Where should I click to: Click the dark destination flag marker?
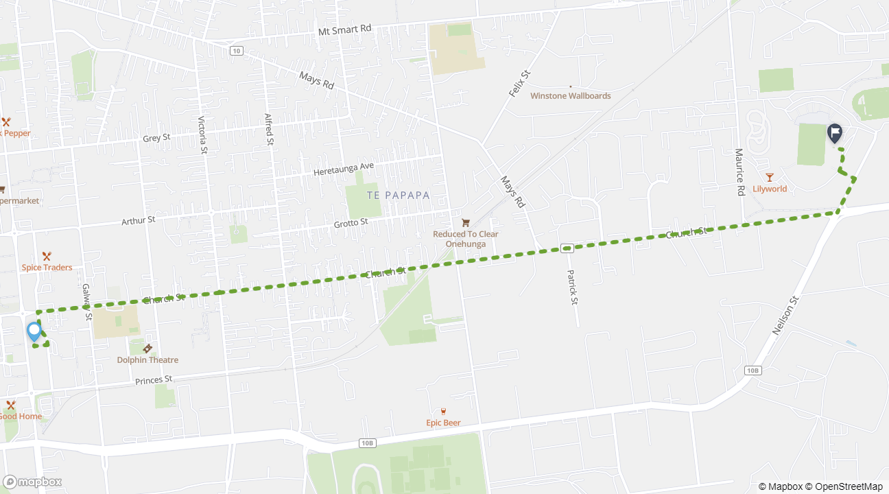[x=834, y=132]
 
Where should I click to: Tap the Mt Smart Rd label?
[x=345, y=29]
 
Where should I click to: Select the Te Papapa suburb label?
[x=399, y=196]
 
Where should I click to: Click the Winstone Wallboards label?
[x=570, y=96]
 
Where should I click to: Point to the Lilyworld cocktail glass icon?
[x=770, y=177]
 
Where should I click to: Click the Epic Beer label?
[x=443, y=423]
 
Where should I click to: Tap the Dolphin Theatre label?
[x=147, y=360]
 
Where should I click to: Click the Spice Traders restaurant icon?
[x=47, y=256]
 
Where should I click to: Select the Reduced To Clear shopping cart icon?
[x=466, y=222]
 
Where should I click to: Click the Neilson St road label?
[x=786, y=315]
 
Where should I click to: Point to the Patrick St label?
[x=572, y=287]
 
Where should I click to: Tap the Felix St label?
[x=520, y=83]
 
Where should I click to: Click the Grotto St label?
[x=351, y=223]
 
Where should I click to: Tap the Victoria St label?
[x=202, y=134]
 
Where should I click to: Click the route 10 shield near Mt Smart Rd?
[x=236, y=51]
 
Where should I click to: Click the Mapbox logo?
[x=32, y=482]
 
